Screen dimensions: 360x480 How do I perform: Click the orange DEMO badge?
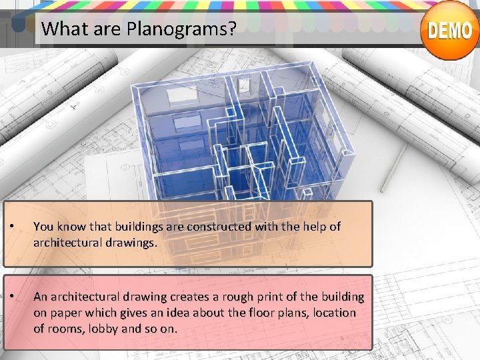(450, 31)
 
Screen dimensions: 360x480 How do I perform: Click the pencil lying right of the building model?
(398, 160)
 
